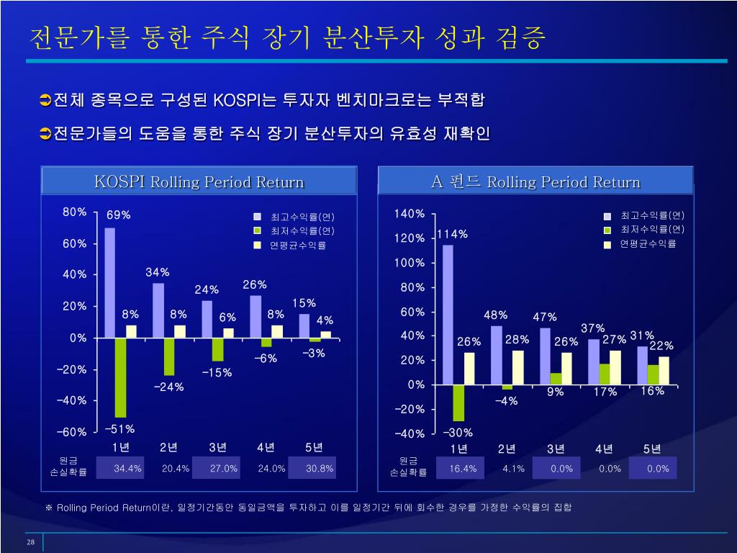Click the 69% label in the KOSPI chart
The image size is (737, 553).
coord(118,215)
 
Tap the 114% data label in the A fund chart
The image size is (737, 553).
coord(452,234)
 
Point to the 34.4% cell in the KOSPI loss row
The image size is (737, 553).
coord(128,468)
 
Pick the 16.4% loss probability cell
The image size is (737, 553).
coord(463,469)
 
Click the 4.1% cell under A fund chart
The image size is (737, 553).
coord(514,469)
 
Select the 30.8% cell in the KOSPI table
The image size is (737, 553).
coord(320,468)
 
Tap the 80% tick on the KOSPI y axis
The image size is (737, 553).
coord(75,212)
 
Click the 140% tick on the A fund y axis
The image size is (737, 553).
coord(410,214)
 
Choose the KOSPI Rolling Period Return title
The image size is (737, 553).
coord(199,181)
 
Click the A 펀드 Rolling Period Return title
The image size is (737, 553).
coord(535,181)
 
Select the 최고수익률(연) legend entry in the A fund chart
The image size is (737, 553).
coord(652,215)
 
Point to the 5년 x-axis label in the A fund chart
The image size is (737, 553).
coord(652,449)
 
